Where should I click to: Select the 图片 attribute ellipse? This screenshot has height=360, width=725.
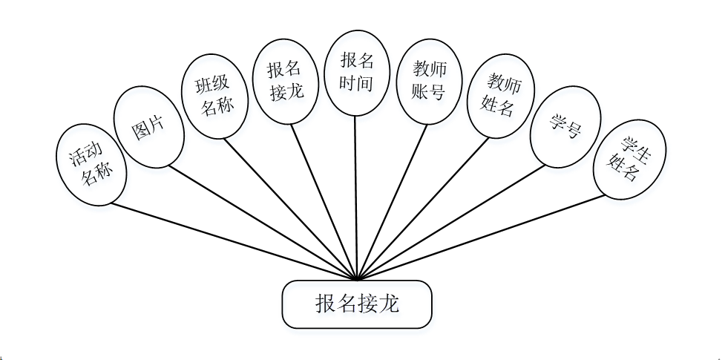point(148,130)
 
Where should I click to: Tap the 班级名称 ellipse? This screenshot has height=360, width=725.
point(214,96)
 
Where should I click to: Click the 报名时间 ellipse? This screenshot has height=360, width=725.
point(355,72)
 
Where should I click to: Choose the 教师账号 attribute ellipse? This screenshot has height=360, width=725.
point(429,80)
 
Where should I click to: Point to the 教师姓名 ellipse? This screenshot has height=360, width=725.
point(500,94)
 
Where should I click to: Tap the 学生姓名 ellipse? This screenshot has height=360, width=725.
point(629,160)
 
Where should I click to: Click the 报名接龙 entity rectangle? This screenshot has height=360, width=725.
point(356,304)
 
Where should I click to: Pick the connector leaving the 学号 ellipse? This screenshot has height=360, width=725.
point(453,223)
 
